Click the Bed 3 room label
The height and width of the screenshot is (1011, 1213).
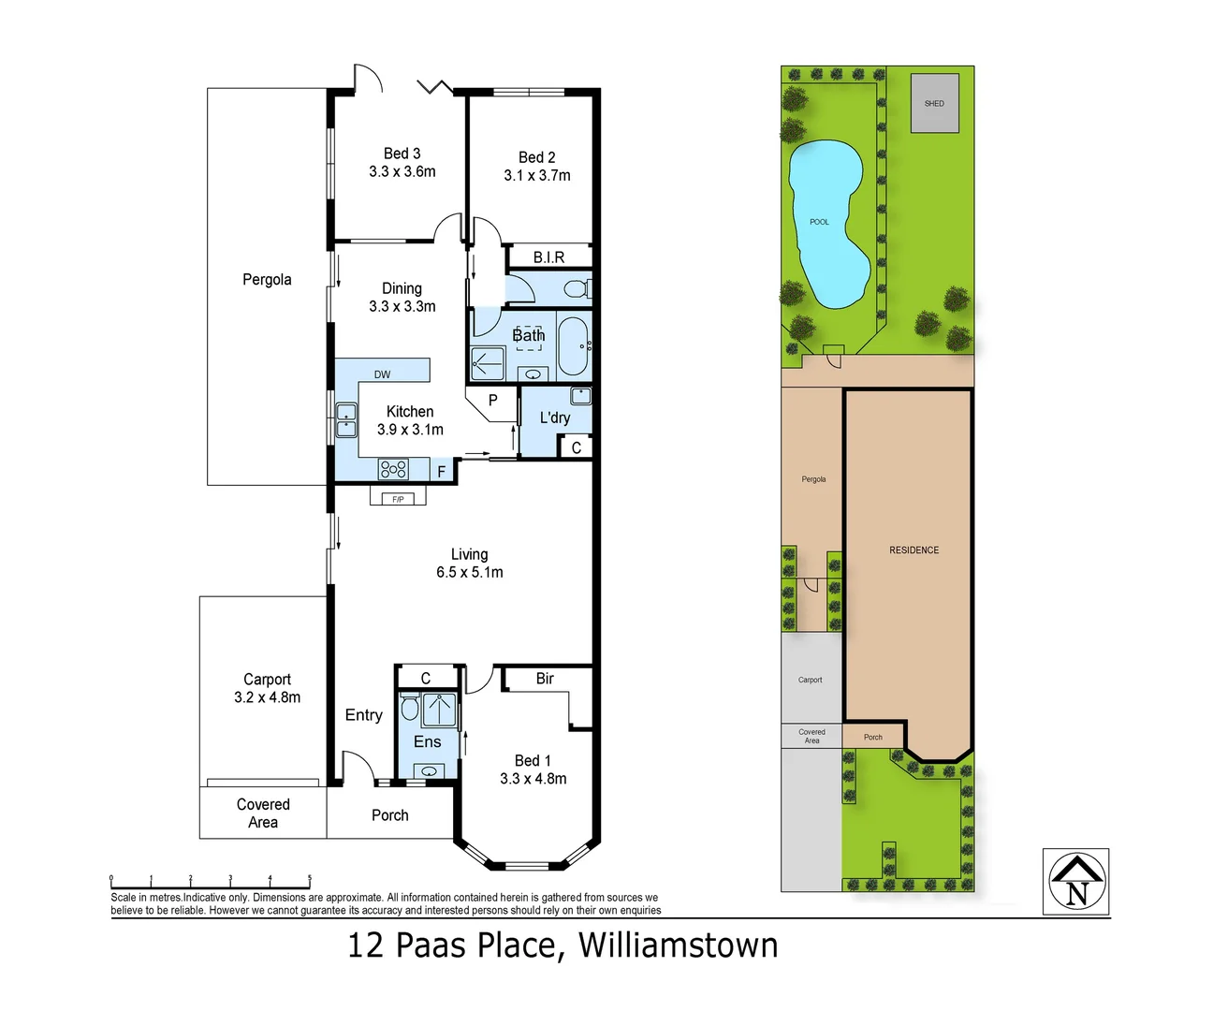402,154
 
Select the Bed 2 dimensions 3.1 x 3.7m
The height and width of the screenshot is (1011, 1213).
536,175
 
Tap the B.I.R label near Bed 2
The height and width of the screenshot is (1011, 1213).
548,256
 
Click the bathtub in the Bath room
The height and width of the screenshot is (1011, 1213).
573,346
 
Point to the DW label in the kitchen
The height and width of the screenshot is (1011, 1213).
382,374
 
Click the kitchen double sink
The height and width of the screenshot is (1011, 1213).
346,419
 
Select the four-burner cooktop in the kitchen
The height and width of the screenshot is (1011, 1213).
393,469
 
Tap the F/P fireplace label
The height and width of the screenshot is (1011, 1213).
398,499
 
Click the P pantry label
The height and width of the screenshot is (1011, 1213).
492,401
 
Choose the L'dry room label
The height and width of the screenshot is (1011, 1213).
554,418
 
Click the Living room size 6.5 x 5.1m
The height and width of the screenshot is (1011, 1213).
469,572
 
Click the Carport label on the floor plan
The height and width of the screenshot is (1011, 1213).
267,680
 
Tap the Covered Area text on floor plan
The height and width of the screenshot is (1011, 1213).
263,813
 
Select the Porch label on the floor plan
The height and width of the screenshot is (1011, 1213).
389,815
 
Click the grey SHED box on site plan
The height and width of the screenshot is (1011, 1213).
934,103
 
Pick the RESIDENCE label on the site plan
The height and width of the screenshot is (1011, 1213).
913,550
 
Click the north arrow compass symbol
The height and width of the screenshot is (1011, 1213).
1076,882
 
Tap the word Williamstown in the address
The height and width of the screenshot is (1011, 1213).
678,945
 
